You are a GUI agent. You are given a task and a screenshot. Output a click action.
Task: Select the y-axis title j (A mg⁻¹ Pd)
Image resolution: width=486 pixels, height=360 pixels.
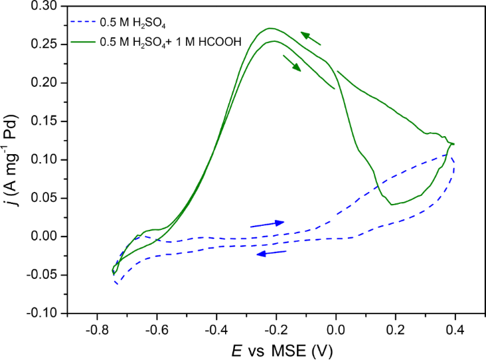[11, 158]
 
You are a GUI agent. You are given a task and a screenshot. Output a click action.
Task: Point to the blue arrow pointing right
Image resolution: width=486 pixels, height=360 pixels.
[267, 224]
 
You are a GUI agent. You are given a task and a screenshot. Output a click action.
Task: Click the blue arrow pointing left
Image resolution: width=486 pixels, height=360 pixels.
[272, 253]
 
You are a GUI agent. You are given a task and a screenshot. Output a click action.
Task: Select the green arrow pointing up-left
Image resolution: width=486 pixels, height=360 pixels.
[310, 39]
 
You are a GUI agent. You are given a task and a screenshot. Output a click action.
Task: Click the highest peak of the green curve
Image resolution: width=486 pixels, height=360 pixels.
[270, 28]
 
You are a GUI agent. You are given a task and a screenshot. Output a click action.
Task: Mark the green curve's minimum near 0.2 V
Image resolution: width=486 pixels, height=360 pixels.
[392, 205]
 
